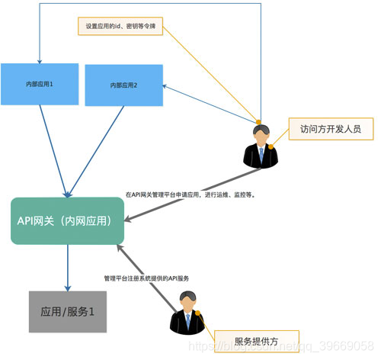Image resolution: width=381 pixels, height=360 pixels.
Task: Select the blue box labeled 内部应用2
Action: coord(123,85)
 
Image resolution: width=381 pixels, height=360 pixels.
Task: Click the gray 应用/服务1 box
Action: coord(67,312)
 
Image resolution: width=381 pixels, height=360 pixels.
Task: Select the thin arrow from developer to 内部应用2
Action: coord(206,102)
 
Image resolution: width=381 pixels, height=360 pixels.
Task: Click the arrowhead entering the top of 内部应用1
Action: coord(38,59)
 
